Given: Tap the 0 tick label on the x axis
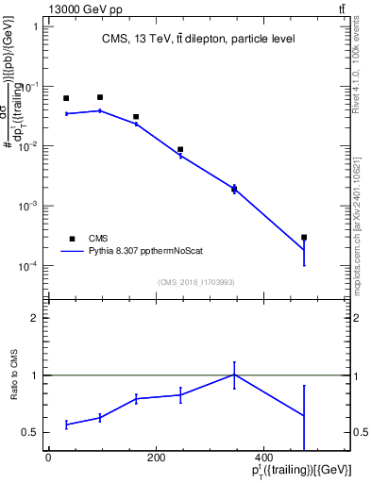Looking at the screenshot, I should (48, 458).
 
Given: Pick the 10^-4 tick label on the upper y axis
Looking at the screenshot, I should (29, 266).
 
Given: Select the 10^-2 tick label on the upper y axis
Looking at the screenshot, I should (29, 146).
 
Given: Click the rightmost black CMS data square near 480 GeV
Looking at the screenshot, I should (304, 238).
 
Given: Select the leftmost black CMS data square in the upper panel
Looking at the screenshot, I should (66, 98).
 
